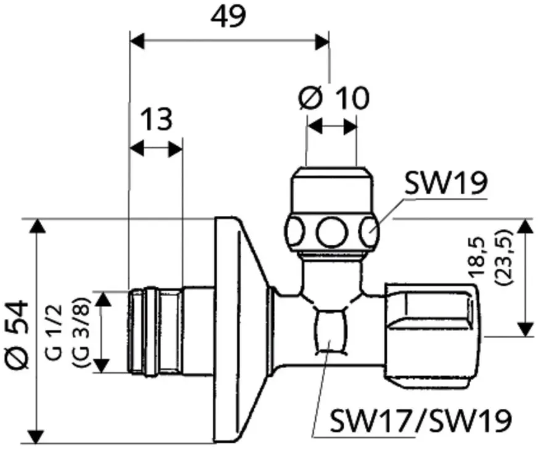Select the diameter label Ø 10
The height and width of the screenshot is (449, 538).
pyautogui.click(x=334, y=98)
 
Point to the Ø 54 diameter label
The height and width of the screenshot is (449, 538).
pyautogui.click(x=17, y=335)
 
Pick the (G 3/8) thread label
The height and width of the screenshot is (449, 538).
pyautogui.click(x=82, y=332)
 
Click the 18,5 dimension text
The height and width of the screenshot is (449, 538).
pyautogui.click(x=478, y=257)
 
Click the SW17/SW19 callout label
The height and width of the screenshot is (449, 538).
pyautogui.click(x=421, y=420)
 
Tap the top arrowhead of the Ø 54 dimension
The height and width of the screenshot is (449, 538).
pyautogui.click(x=38, y=226)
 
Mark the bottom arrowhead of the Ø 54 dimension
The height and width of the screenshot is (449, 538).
pyautogui.click(x=36, y=435)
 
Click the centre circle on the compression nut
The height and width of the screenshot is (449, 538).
pyautogui.click(x=331, y=233)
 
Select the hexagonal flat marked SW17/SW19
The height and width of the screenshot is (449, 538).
pyautogui.click(x=329, y=331)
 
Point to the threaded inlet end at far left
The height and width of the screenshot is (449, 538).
pyautogui.click(x=155, y=332)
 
